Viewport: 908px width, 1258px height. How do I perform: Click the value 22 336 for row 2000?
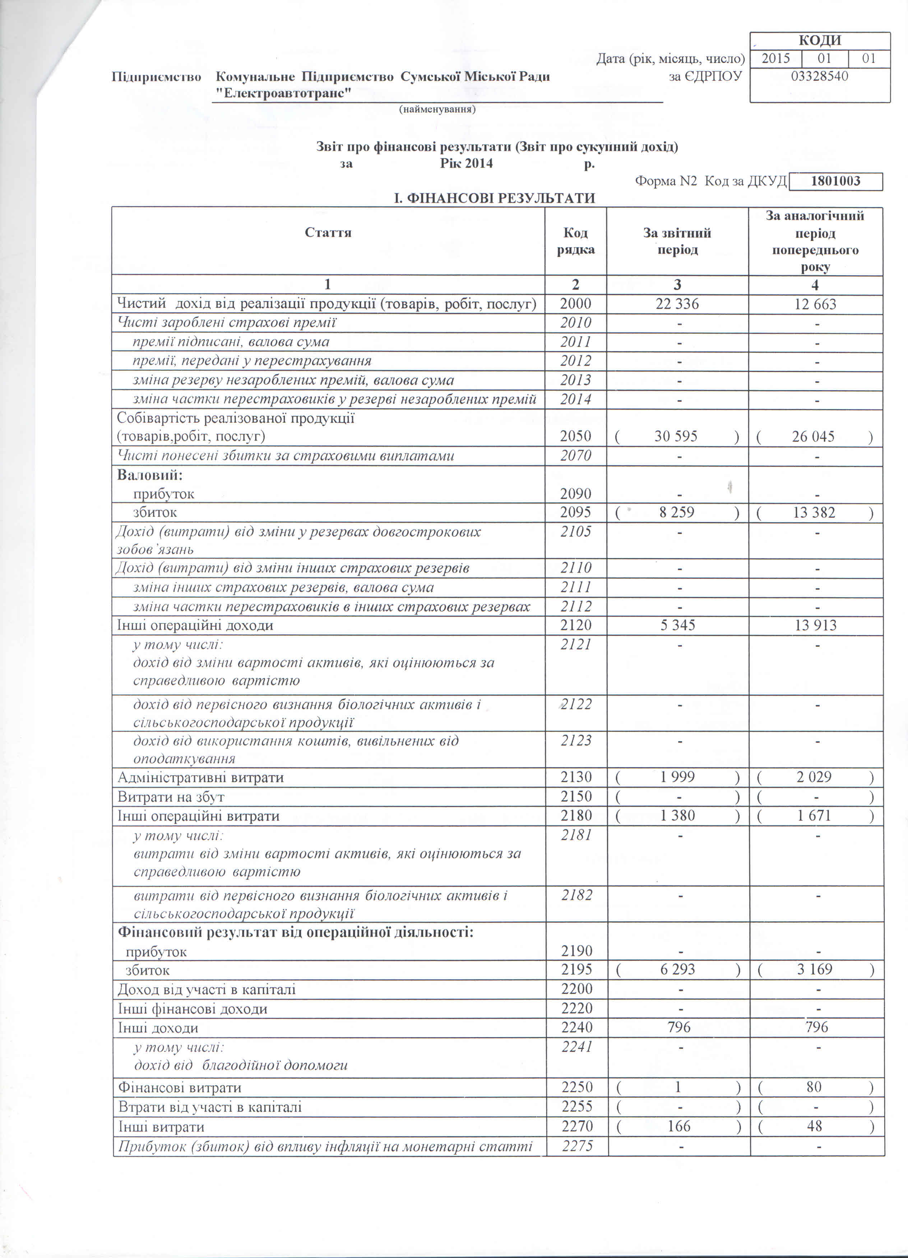tap(677, 304)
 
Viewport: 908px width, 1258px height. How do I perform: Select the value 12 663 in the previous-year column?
tap(815, 304)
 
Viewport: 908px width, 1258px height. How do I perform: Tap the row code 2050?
tap(575, 437)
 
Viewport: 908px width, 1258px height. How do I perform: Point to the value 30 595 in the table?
tap(676, 437)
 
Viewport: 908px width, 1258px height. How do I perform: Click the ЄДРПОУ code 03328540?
tap(819, 76)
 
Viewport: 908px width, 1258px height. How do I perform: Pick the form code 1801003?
tap(835, 181)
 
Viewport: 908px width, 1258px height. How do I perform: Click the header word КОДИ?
tap(820, 41)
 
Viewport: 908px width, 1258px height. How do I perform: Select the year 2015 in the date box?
tap(775, 58)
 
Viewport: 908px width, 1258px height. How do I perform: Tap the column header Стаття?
tap(328, 232)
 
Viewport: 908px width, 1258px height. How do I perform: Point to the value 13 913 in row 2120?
tap(815, 626)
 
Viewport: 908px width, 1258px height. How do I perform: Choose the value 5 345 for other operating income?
tap(677, 626)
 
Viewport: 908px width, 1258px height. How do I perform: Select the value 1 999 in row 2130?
tap(677, 777)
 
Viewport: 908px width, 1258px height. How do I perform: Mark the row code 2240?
tap(576, 1028)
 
